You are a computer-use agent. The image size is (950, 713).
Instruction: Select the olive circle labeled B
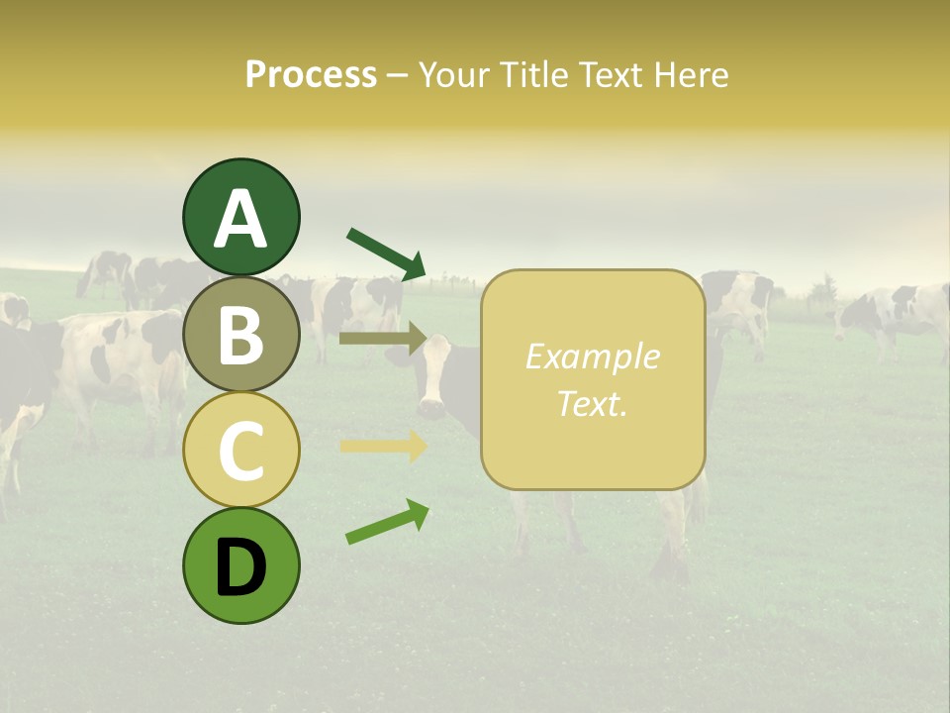(240, 334)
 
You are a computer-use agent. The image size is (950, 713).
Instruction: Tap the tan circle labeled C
(240, 450)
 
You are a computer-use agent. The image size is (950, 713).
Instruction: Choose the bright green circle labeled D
(240, 565)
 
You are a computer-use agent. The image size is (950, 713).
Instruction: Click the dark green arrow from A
(386, 253)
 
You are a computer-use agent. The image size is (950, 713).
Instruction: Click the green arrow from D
(387, 522)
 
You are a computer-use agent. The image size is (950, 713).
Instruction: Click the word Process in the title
(311, 74)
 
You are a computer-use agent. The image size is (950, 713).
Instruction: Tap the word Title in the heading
(534, 74)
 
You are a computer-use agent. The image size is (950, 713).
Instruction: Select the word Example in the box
(592, 356)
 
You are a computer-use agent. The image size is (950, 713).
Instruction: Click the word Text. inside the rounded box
(592, 403)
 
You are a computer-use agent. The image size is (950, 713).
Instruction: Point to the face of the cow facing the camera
(432, 381)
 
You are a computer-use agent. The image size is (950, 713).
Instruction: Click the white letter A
(240, 219)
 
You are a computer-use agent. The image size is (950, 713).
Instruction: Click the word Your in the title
(450, 74)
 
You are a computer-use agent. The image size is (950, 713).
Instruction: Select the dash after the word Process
(397, 76)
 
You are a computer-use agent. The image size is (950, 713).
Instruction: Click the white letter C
(240, 452)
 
